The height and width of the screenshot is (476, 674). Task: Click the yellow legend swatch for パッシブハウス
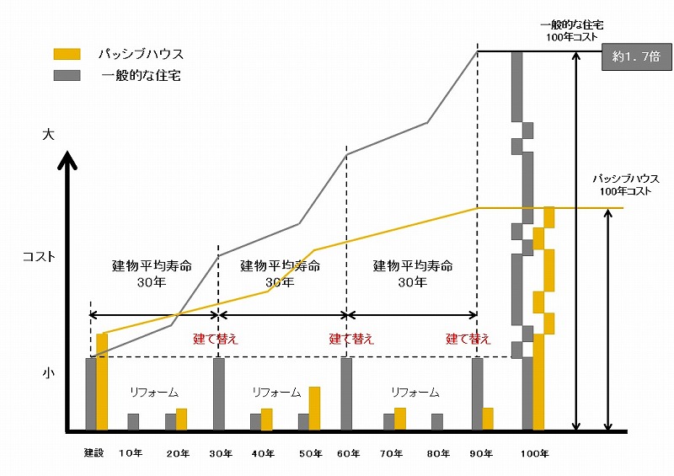pos(67,54)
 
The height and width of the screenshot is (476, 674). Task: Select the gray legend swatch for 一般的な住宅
pos(67,75)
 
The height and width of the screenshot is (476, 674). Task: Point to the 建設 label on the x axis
pos(93,453)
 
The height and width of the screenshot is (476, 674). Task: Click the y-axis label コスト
pos(39,257)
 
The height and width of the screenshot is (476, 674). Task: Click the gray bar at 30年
pos(219,394)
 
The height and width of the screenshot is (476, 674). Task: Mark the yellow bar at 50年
pos(314,409)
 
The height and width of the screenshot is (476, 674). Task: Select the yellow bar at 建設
pos(102,382)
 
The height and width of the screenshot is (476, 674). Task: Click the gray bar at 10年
pos(133,422)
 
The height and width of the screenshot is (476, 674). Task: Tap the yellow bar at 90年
pos(488,419)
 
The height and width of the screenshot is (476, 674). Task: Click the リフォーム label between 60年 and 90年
pos(415,393)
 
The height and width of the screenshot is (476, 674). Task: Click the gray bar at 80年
pos(437,422)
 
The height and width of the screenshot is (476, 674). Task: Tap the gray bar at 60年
pos(346,394)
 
